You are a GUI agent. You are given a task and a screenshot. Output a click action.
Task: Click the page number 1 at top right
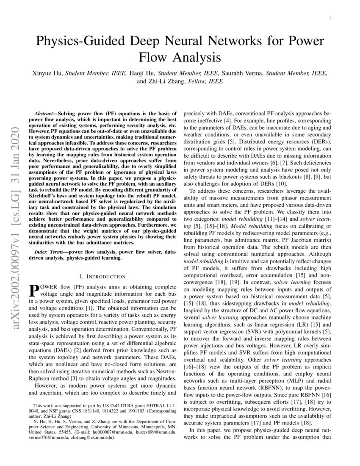coord(329,17)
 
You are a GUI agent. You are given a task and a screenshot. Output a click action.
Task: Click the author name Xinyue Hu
coord(47,73)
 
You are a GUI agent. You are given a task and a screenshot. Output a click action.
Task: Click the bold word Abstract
coord(45,114)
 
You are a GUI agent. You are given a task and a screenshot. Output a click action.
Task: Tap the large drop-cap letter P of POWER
coord(36,291)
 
